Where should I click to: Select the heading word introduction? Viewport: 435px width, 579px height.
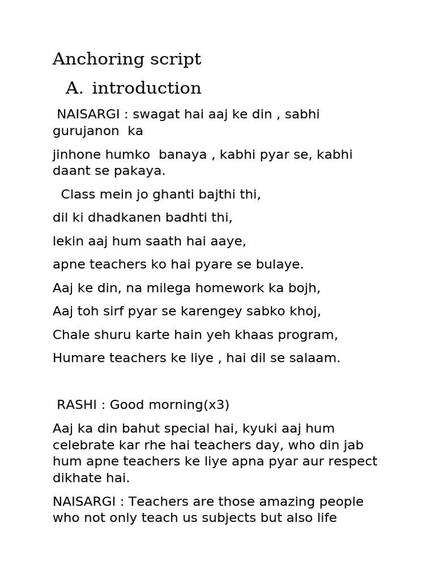[x=146, y=89]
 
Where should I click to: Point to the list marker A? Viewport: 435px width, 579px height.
[x=74, y=89]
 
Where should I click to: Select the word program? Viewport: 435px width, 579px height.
[x=309, y=335]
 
